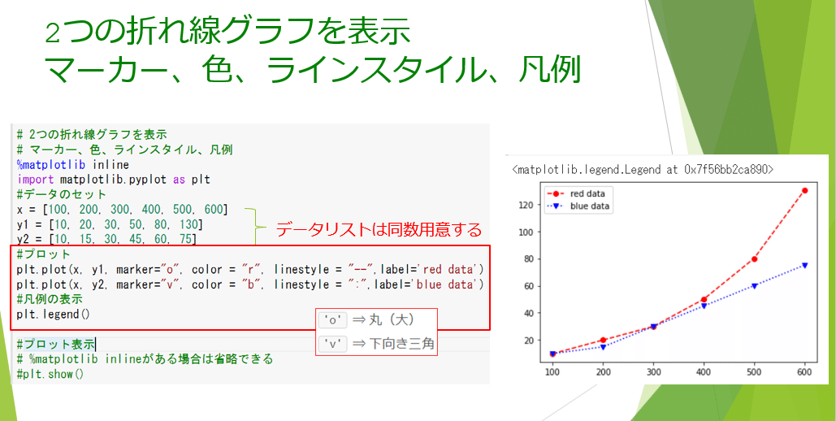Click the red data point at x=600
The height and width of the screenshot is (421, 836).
[x=804, y=191]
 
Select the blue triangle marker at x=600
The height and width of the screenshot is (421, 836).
[x=804, y=265]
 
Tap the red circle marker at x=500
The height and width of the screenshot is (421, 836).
[x=754, y=259]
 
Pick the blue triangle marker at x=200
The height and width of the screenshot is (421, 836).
[x=603, y=347]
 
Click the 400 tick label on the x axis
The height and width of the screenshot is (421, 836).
[x=704, y=371]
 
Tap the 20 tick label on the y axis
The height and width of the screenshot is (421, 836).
[x=530, y=341]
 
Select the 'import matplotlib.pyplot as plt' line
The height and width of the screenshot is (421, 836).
[x=113, y=180]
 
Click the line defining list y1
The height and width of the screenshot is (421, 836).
[x=109, y=224]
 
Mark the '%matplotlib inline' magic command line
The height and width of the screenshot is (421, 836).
[x=72, y=164]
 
